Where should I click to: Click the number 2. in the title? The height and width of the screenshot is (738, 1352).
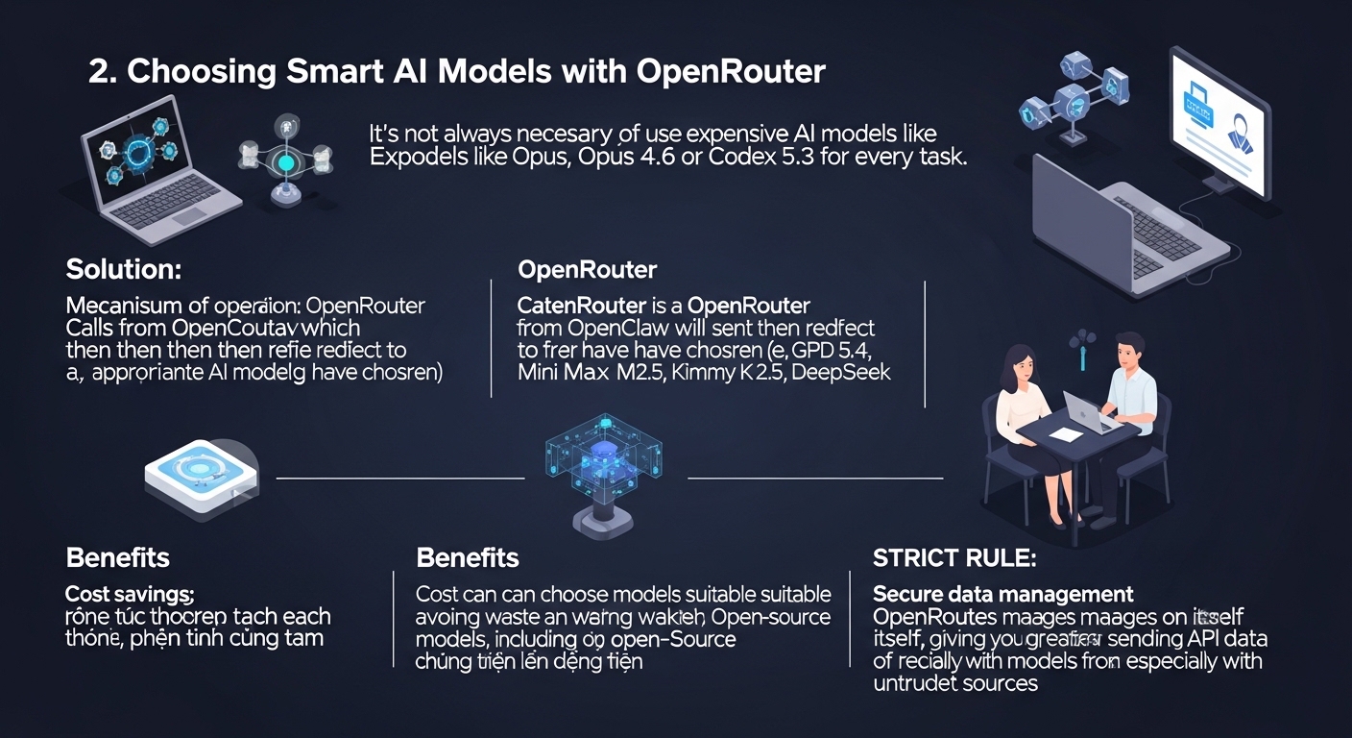(x=101, y=74)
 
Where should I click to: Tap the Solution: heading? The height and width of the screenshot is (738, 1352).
(x=123, y=269)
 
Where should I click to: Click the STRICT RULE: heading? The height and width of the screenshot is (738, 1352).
(x=954, y=557)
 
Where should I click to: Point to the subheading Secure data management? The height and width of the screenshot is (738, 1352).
(x=1002, y=594)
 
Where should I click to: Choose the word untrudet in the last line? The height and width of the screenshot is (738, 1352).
(x=920, y=683)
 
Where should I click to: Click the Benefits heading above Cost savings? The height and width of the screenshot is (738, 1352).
(x=117, y=557)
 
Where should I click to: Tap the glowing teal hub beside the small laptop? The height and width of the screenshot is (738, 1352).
(x=285, y=163)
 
